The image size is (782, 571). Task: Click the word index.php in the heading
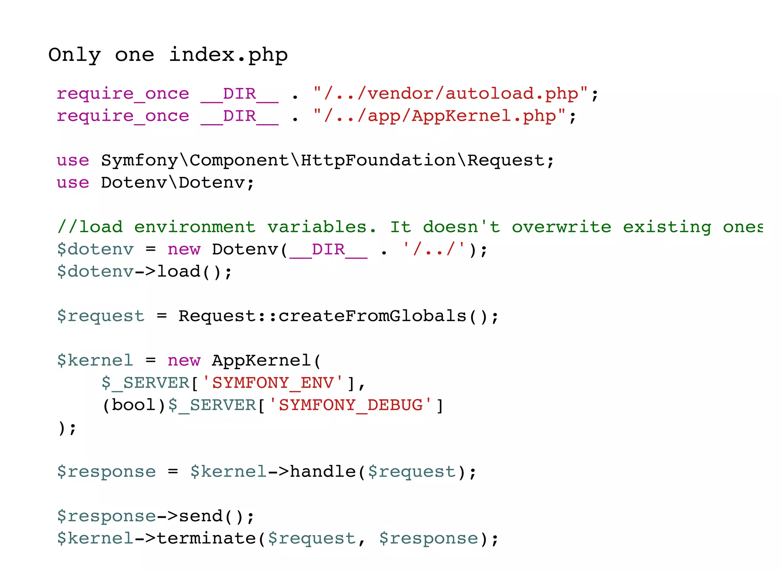228,55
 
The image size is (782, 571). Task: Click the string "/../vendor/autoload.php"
451,94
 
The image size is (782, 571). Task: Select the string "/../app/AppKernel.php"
439,116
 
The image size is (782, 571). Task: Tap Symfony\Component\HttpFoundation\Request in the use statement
322,161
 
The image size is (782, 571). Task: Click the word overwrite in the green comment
561,227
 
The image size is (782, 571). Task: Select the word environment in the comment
195,227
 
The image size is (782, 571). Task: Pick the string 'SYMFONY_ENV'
273,383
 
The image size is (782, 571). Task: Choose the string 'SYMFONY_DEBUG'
351,405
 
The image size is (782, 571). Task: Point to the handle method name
323,472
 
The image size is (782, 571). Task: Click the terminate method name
206,539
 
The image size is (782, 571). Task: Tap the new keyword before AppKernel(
184,360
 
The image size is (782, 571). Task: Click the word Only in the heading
74,55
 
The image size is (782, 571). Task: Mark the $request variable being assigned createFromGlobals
101,316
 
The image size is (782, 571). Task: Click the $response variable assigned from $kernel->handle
106,472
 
